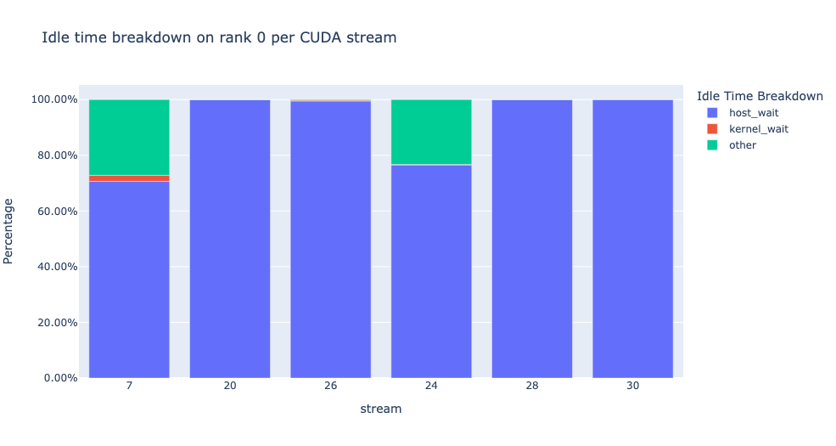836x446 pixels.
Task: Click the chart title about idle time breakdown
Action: coord(219,38)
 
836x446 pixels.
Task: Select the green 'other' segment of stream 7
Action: coord(129,137)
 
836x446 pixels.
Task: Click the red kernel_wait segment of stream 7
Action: coord(129,178)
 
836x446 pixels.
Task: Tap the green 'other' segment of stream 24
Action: coord(431,132)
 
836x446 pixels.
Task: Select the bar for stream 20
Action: coord(230,238)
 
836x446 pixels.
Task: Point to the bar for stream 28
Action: coord(532,238)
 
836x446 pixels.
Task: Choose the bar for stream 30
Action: coord(632,238)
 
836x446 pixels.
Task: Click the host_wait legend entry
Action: coord(752,112)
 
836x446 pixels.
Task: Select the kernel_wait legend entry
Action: coord(757,128)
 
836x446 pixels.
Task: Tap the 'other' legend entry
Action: coord(743,145)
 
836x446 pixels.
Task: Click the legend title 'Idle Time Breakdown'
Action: coord(758,96)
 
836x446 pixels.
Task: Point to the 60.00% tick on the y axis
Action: coord(54,211)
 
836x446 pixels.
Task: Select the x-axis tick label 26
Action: coord(330,386)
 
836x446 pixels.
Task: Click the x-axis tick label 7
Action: coord(129,386)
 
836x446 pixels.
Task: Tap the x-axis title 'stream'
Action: coord(380,409)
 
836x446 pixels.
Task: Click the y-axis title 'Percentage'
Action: coord(9,230)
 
